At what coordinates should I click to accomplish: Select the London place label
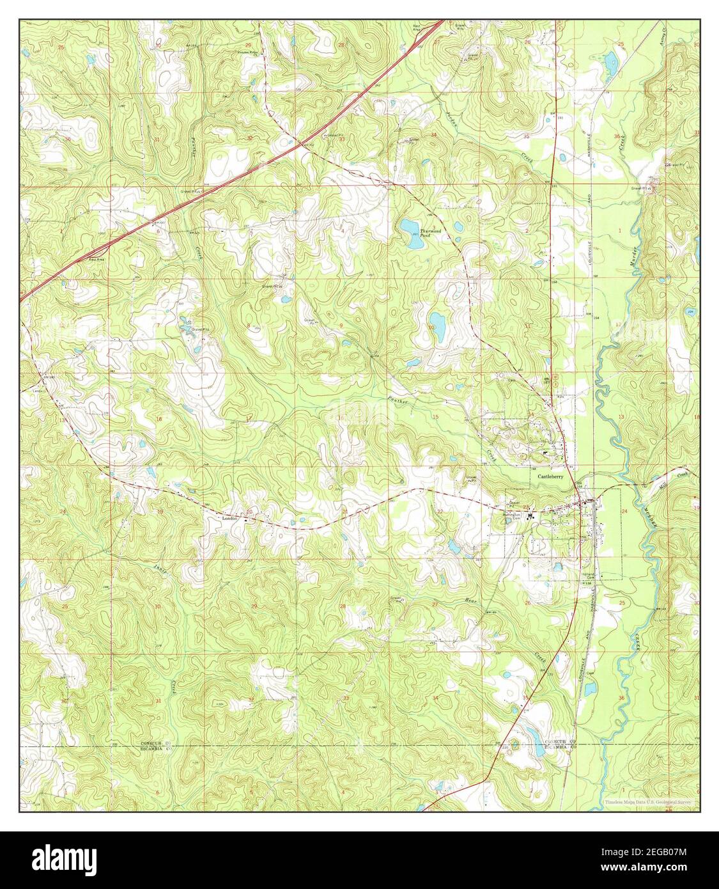[x=229, y=519]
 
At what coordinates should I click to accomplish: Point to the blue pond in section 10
[x=437, y=320]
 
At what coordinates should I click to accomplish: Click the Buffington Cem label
[x=513, y=515]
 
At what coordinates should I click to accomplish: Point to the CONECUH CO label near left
[x=157, y=743]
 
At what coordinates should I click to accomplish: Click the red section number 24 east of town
[x=624, y=512]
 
